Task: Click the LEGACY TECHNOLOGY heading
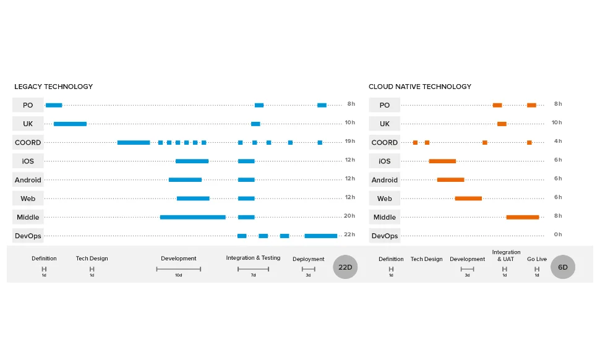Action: coord(54,87)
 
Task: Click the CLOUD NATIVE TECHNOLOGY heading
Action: coord(420,87)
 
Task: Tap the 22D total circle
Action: coord(345,267)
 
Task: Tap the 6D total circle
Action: coord(563,267)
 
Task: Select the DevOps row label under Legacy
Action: coord(28,236)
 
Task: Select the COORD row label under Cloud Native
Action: coord(384,143)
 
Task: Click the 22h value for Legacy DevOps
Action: coord(349,234)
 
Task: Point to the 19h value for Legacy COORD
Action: coord(349,142)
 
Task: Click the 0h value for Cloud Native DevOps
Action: coord(558,234)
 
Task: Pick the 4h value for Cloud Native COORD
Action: coord(558,142)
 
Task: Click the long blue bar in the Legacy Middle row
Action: coord(192,217)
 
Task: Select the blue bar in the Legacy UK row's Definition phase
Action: coord(70,124)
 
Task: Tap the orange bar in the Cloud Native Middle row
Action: coord(523,217)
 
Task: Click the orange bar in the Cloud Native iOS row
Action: coord(442,161)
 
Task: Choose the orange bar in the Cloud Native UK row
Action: coord(502,124)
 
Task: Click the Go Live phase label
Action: coord(537,259)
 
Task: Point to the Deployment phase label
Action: coord(308,259)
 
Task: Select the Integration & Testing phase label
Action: coord(253,258)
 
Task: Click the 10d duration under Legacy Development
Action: coord(178,275)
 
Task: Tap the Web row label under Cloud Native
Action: coord(384,199)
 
